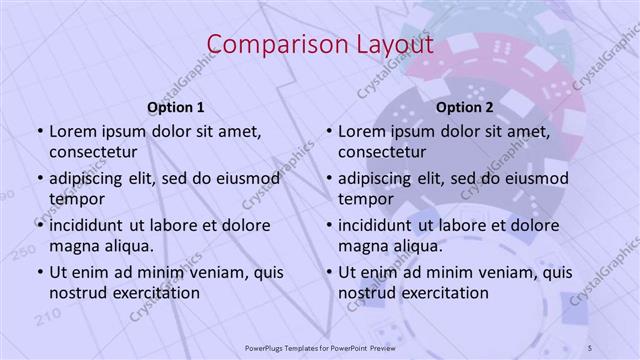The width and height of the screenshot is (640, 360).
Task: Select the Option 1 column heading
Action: pos(176,107)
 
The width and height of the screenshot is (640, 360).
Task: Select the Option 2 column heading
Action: pos(464,107)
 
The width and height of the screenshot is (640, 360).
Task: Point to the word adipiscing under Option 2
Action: pos(379,179)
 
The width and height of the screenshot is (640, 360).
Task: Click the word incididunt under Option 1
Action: pos(89,225)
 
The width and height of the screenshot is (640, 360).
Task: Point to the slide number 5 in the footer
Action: pos(590,346)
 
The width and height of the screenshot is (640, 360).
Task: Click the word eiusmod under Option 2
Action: pos(534,179)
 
